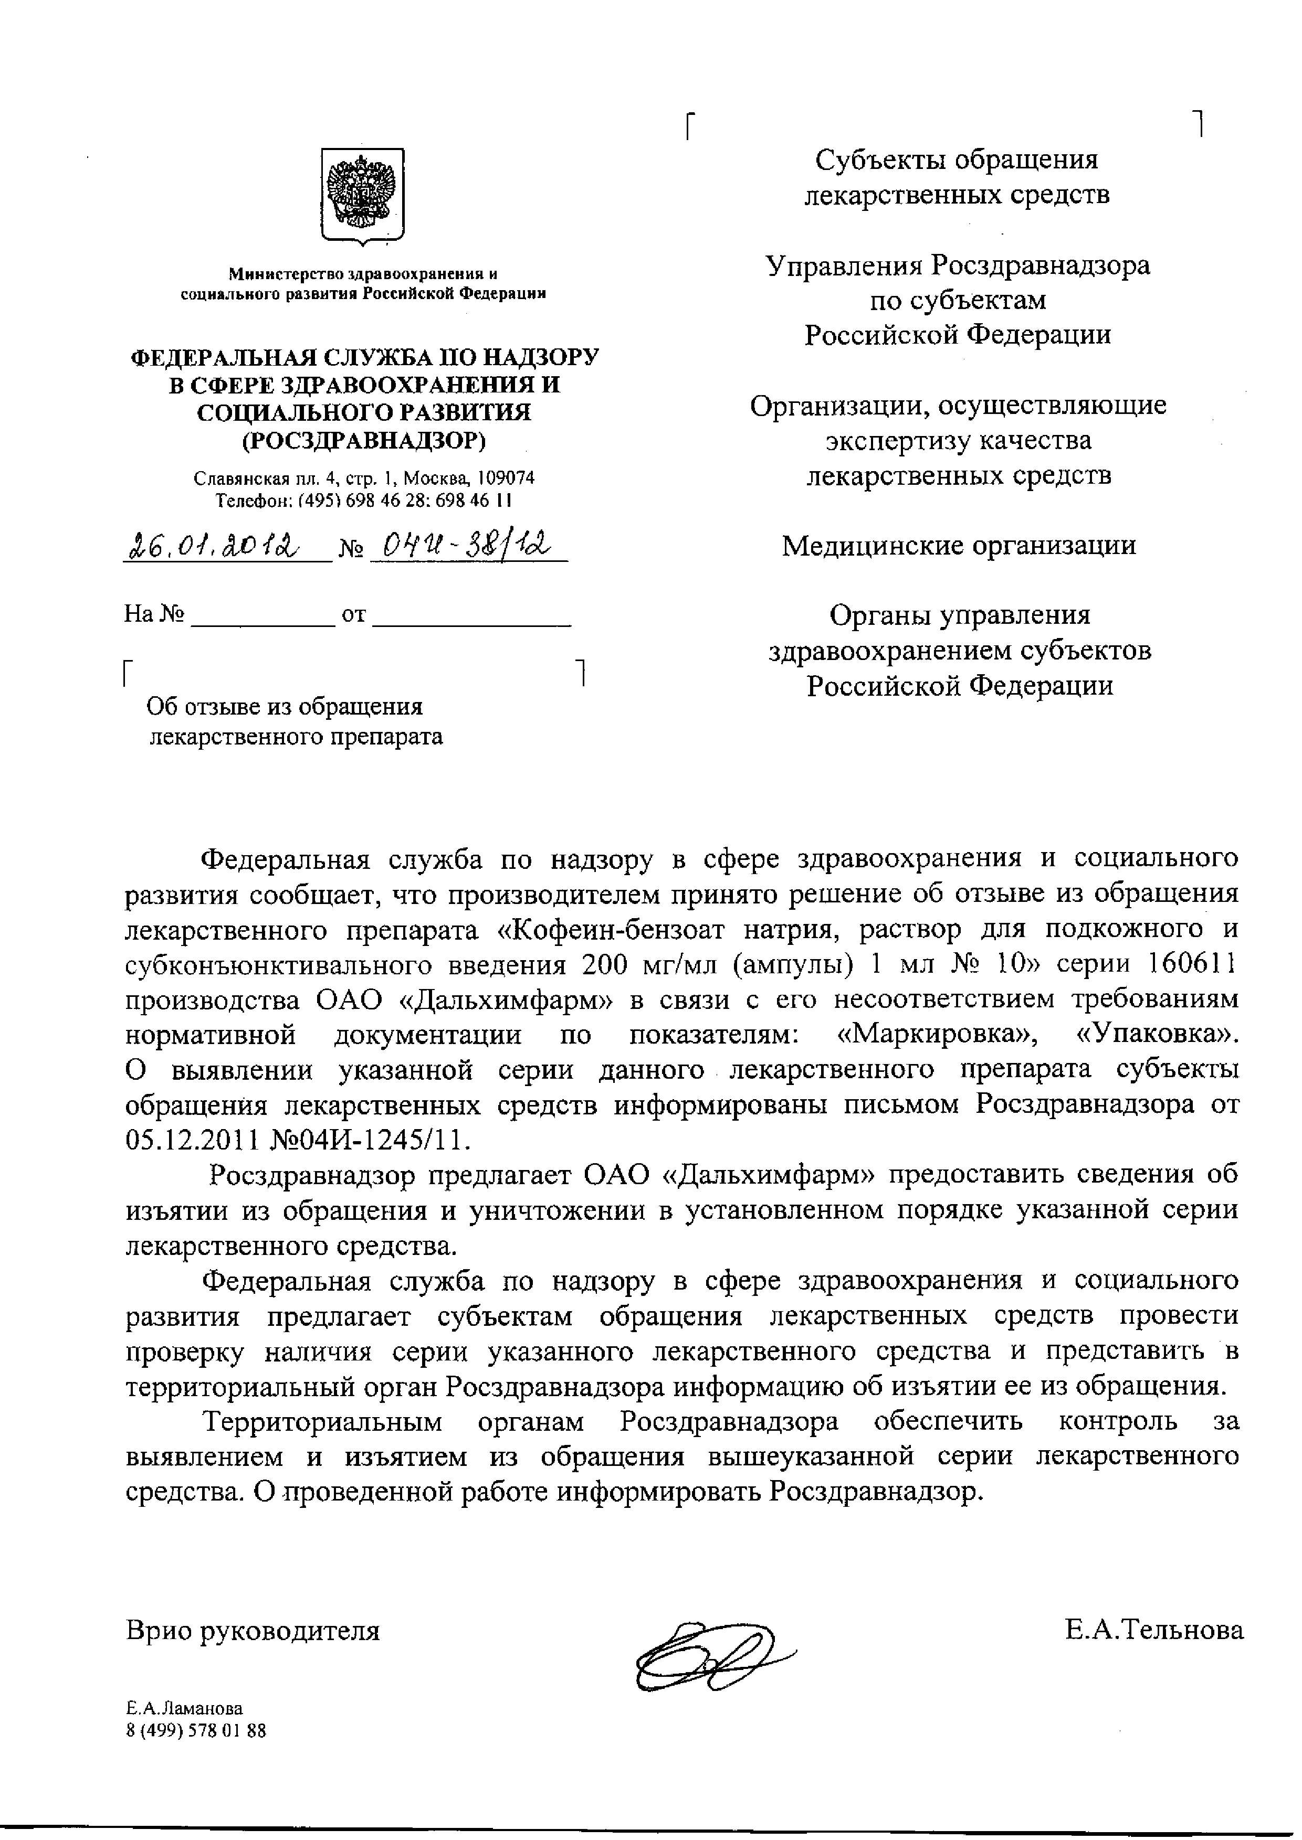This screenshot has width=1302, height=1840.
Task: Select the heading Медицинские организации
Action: [x=959, y=546]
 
